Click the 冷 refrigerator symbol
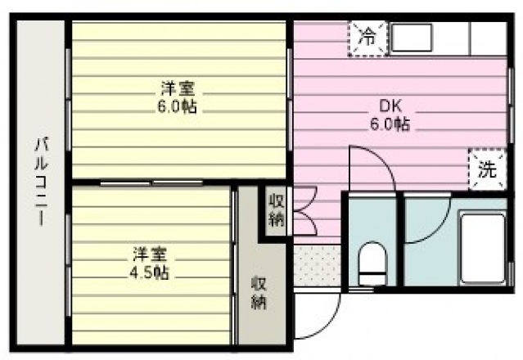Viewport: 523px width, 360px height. [369, 38]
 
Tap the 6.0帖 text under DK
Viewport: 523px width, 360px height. [389, 125]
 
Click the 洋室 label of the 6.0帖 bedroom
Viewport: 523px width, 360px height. [178, 88]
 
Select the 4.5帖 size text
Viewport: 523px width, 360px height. [151, 272]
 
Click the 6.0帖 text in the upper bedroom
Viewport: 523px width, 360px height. [178, 106]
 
